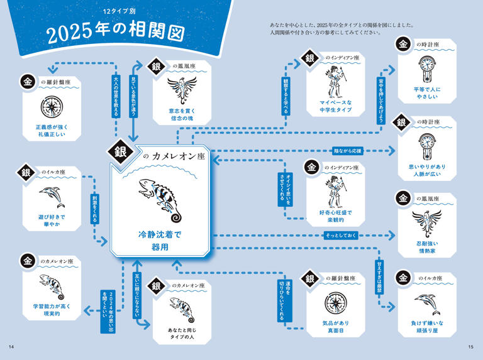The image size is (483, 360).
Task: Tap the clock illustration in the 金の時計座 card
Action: pyautogui.click(x=427, y=67)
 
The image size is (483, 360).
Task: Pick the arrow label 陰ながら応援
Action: pyautogui.click(x=348, y=151)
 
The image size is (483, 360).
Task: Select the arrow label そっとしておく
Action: pyautogui.click(x=340, y=235)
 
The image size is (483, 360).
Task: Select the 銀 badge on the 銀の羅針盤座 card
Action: pyautogui.click(x=310, y=278)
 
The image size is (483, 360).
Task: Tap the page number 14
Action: pyautogui.click(x=11, y=347)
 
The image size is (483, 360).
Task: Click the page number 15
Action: pyautogui.click(x=472, y=347)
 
